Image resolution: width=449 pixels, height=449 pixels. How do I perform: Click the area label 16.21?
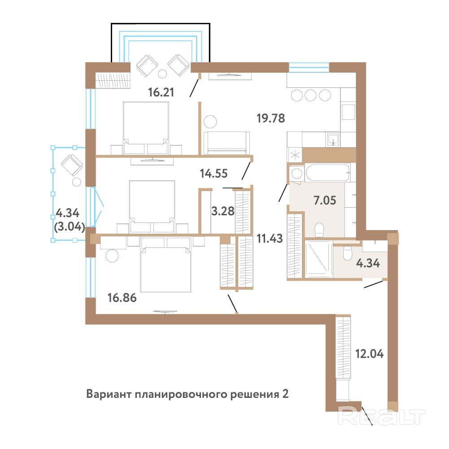pyautogui.click(x=161, y=92)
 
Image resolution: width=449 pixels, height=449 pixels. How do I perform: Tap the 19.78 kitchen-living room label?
pyautogui.click(x=271, y=118)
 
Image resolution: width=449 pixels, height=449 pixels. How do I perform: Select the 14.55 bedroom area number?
pyautogui.click(x=214, y=174)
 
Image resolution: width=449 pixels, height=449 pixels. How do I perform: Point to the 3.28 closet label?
pyautogui.click(x=223, y=211)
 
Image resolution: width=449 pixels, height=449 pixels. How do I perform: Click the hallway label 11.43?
pyautogui.click(x=270, y=239)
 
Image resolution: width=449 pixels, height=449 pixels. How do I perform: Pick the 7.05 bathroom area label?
pyautogui.click(x=325, y=201)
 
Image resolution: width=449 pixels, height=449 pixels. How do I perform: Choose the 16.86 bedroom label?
pyautogui.click(x=122, y=298)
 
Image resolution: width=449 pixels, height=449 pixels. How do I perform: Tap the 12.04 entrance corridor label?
pyautogui.click(x=370, y=354)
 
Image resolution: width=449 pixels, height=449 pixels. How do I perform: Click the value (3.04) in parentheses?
pyautogui.click(x=70, y=227)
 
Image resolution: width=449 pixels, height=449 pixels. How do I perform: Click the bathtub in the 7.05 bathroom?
pyautogui.click(x=328, y=172)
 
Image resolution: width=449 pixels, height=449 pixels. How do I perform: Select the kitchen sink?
pyautogui.click(x=332, y=139)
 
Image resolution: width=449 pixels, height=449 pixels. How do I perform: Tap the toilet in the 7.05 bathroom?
pyautogui.click(x=319, y=230)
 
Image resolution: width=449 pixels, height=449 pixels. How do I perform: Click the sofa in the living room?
pyautogui.click(x=226, y=143)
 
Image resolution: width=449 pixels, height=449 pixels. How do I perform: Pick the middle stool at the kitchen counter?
pyautogui.click(x=311, y=95)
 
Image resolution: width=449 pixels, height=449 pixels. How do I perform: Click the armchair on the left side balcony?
pyautogui.click(x=72, y=165)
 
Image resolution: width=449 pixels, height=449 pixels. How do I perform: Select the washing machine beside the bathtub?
pyautogui.click(x=296, y=174)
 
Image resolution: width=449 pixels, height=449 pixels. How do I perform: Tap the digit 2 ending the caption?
pyautogui.click(x=285, y=394)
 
